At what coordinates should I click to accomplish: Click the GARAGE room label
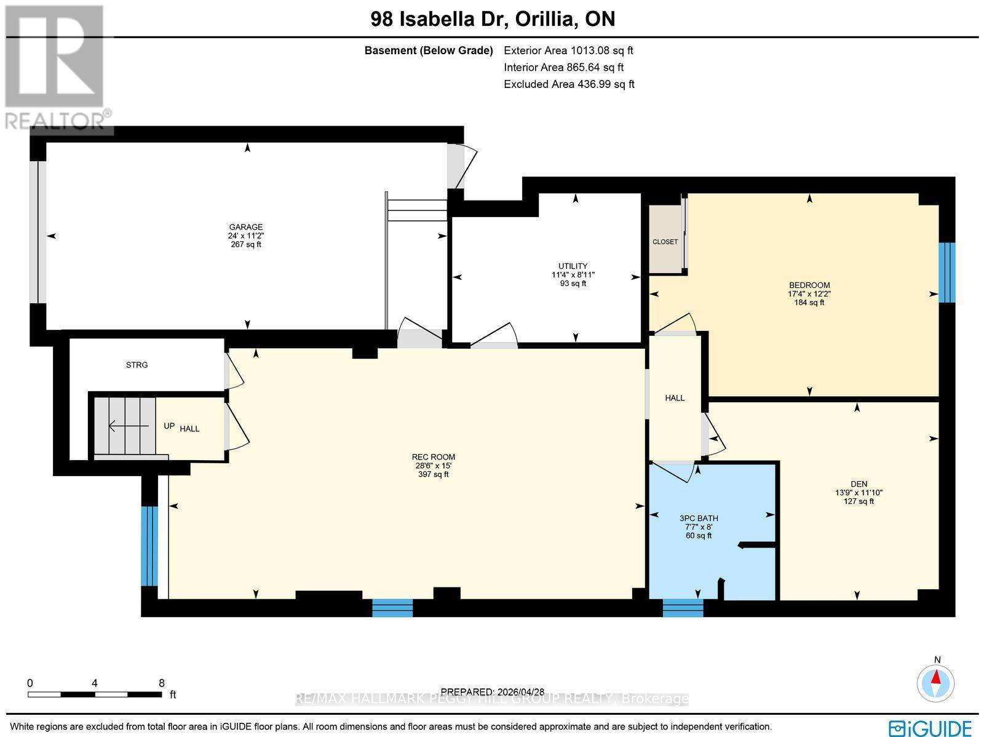245,227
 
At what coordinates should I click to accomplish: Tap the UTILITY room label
573,266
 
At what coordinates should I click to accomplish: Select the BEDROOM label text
809,285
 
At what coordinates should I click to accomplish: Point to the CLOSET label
665,242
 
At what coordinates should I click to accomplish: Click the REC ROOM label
434,457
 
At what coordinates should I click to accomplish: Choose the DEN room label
859,484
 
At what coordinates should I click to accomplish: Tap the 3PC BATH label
699,518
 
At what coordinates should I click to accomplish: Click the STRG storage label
137,365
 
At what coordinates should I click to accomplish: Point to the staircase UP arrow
129,426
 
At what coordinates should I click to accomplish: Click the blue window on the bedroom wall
946,273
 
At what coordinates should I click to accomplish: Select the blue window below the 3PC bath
683,608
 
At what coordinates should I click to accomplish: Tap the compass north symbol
935,683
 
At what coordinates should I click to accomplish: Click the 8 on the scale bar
162,683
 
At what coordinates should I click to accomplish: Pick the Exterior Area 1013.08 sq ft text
568,50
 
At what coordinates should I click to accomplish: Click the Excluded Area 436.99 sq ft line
569,84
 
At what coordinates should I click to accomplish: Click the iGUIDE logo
930,727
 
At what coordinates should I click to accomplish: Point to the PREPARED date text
493,691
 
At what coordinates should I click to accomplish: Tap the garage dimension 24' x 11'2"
245,236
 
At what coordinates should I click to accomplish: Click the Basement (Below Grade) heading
429,50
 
